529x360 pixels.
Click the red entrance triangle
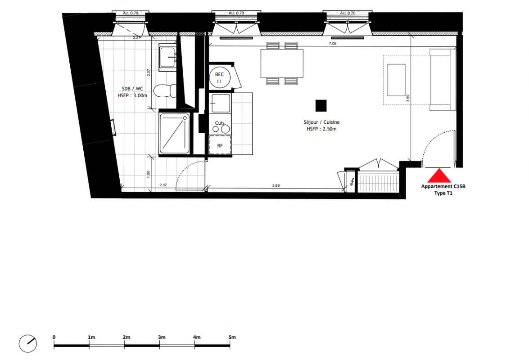[x=439, y=176]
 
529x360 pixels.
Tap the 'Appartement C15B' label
[x=443, y=186]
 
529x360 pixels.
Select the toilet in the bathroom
[x=165, y=90]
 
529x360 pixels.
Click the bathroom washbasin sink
[x=167, y=57]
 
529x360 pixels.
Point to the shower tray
[x=174, y=134]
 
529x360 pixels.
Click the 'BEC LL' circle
[x=220, y=77]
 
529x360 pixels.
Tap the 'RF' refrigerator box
[x=220, y=145]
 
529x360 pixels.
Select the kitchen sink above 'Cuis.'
[x=220, y=103]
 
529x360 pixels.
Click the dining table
[x=282, y=63]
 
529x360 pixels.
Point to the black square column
[x=321, y=105]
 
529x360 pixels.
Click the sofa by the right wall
[x=443, y=80]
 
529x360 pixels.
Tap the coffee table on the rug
[x=397, y=80]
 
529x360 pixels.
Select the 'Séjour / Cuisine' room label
[x=321, y=122]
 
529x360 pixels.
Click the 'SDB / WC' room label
[x=132, y=89]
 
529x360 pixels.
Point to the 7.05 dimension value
[x=333, y=44]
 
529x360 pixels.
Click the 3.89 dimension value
[x=276, y=185]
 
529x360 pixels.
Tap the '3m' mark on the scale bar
[x=162, y=337]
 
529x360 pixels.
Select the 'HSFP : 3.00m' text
[x=132, y=96]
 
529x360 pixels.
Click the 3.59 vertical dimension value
[x=408, y=98]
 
